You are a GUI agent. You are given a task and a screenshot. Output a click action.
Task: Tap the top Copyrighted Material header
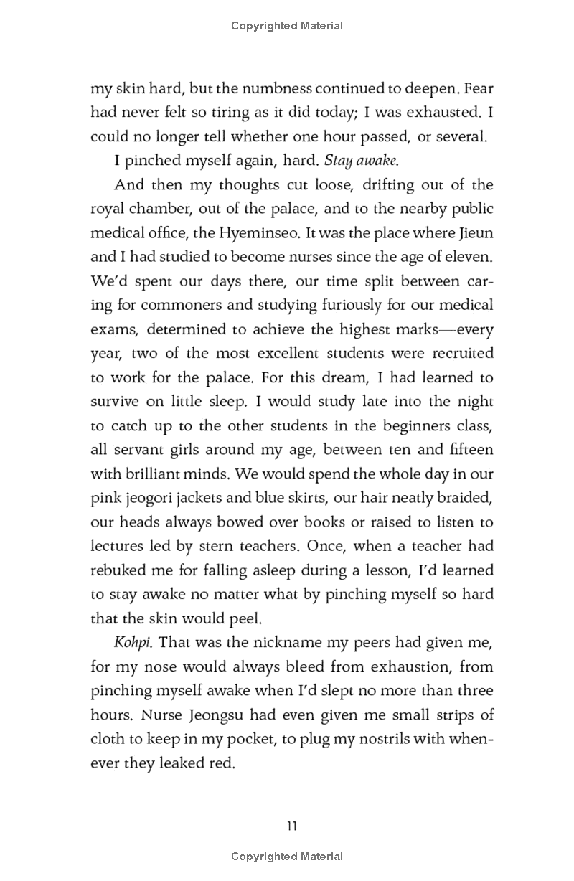click(x=287, y=26)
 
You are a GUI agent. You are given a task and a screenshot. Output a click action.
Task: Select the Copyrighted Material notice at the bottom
click(x=287, y=856)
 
